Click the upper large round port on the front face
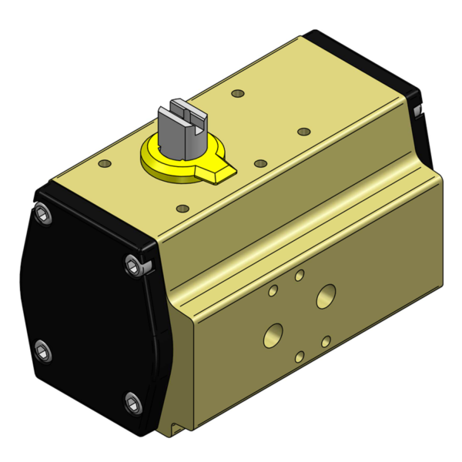point(326,295)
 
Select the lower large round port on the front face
point(273,334)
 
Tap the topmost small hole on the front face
point(300,275)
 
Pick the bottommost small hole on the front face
point(300,356)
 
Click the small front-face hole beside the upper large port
point(273,290)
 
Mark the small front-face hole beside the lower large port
point(326,340)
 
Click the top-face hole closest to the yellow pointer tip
point(260,164)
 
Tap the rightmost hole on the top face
point(303,132)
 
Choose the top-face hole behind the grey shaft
point(237,93)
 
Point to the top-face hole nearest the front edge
point(182,208)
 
